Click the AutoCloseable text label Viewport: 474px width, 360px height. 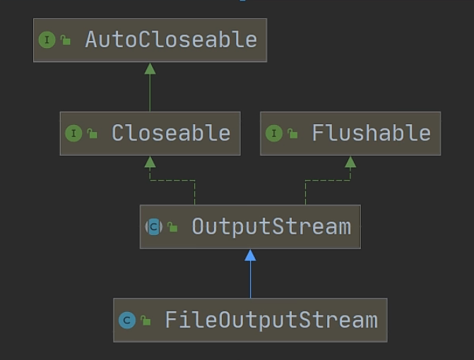[170, 40]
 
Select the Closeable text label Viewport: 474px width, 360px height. [170, 133]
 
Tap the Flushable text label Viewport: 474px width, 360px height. [371, 133]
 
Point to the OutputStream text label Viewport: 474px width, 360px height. [271, 227]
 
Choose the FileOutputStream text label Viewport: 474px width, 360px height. [271, 320]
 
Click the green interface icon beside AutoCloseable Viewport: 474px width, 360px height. [47, 40]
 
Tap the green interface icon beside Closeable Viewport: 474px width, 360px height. [73, 133]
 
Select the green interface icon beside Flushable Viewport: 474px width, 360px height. [274, 133]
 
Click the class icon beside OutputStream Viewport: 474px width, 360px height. [154, 227]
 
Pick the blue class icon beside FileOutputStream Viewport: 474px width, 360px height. [127, 320]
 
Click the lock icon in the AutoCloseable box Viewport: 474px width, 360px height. [66, 41]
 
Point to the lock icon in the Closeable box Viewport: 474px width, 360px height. [93, 134]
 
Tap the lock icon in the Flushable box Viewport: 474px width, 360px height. [293, 134]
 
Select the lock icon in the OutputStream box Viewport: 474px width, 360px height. [173, 228]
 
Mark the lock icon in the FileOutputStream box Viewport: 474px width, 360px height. [146, 321]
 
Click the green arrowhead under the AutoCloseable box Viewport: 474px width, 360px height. [150, 68]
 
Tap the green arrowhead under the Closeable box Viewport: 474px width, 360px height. [150, 162]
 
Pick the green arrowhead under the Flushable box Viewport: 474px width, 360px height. [350, 162]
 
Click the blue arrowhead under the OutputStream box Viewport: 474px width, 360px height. [250, 255]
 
